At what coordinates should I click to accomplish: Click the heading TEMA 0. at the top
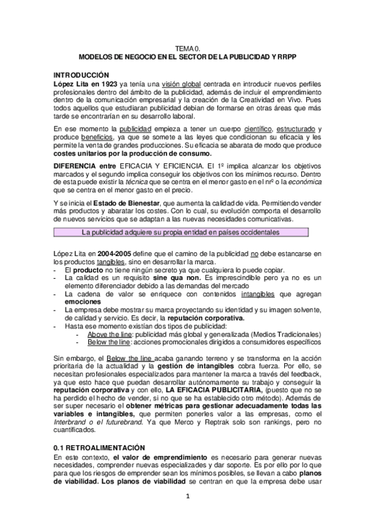[187, 48]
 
